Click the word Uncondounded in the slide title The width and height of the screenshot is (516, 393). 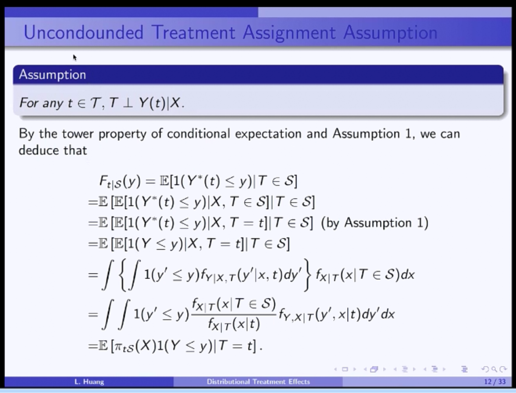[x=84, y=32]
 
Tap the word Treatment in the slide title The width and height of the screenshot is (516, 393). [x=193, y=32]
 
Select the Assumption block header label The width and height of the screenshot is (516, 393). [x=53, y=75]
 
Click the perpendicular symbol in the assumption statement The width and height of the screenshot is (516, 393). [x=128, y=103]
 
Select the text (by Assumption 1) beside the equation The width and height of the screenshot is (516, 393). [x=375, y=223]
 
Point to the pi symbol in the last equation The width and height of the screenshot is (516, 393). [x=118, y=347]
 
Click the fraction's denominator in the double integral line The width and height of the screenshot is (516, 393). [x=234, y=324]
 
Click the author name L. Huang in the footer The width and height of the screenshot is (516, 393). [x=89, y=382]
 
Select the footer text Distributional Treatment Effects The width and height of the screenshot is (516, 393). [x=258, y=382]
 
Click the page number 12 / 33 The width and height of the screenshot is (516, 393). [x=495, y=382]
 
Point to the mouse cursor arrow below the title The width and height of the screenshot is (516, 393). [x=75, y=57]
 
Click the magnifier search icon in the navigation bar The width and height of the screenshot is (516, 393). [x=494, y=370]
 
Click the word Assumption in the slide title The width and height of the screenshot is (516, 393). [x=390, y=33]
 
